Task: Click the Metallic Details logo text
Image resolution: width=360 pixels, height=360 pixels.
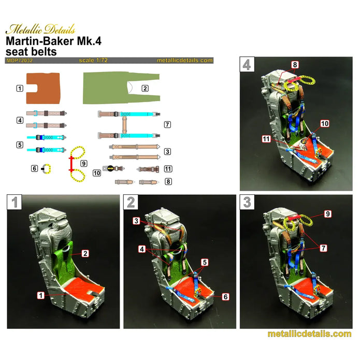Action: [40, 29]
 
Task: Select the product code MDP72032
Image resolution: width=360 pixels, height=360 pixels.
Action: [20, 61]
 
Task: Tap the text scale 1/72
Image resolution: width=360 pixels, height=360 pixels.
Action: [94, 61]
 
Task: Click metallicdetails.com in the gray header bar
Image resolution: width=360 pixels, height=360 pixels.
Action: [184, 61]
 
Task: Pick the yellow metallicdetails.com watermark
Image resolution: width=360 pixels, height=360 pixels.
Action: [309, 334]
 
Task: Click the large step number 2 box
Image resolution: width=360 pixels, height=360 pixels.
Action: [131, 202]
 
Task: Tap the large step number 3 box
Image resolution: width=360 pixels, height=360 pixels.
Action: [248, 202]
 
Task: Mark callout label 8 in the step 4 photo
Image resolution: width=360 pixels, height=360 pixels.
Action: [295, 65]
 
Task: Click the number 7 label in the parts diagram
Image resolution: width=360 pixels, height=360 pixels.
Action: [167, 125]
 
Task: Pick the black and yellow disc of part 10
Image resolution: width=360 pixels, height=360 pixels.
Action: [110, 168]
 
